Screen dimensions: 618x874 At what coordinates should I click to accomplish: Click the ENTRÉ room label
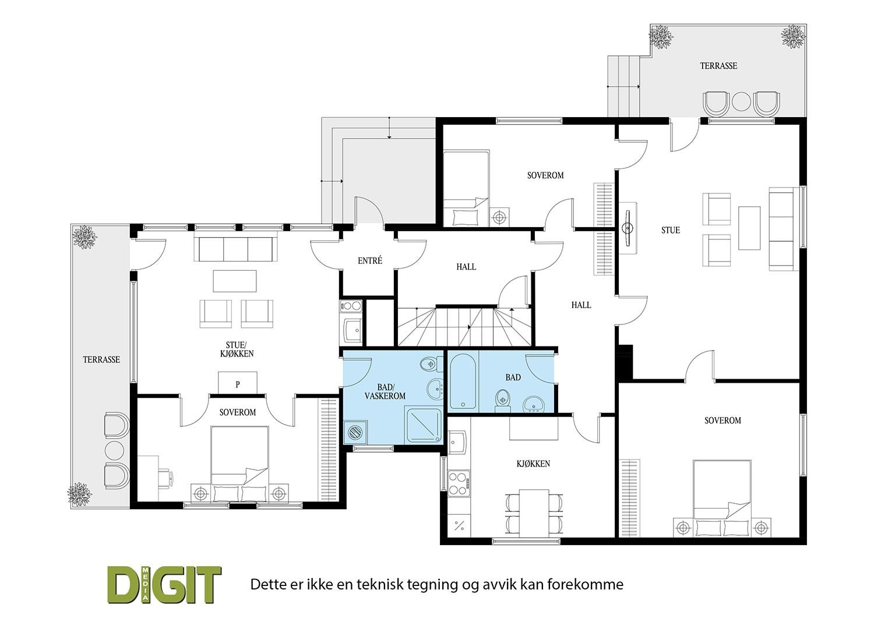[x=370, y=261]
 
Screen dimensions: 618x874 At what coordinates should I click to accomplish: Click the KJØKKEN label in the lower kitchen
[x=533, y=464]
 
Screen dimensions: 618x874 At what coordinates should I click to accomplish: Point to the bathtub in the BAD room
[x=464, y=380]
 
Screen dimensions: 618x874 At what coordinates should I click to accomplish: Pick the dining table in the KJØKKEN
[x=535, y=511]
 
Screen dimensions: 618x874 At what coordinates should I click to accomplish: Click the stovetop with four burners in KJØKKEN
[x=457, y=482]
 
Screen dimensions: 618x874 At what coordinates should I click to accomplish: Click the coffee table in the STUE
[x=749, y=228]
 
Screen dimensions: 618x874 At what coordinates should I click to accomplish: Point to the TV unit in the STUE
[x=629, y=228]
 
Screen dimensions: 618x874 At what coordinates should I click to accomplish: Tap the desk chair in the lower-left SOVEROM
[x=165, y=476]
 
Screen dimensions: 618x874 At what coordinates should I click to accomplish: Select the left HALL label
[x=466, y=267]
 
